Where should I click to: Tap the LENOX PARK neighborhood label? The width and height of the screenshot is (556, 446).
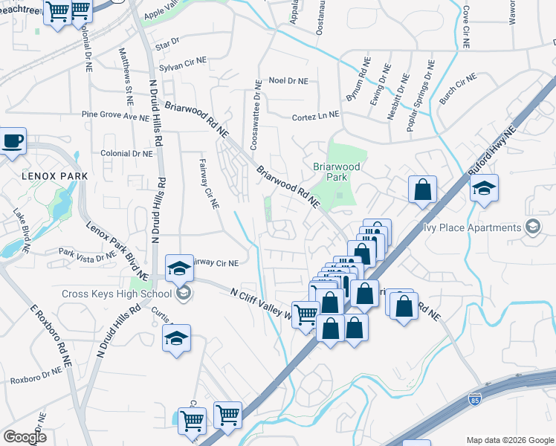pos(54,176)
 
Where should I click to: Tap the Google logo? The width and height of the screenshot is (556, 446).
pos(24,437)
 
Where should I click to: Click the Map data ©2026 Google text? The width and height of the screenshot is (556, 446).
pos(509,440)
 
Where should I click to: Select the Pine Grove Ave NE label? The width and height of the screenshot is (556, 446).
pos(115,116)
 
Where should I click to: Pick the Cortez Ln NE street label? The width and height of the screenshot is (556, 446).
pos(315,115)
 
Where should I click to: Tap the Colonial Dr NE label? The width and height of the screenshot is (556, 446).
pos(126,153)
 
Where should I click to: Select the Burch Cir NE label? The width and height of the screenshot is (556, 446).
pos(457,91)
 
